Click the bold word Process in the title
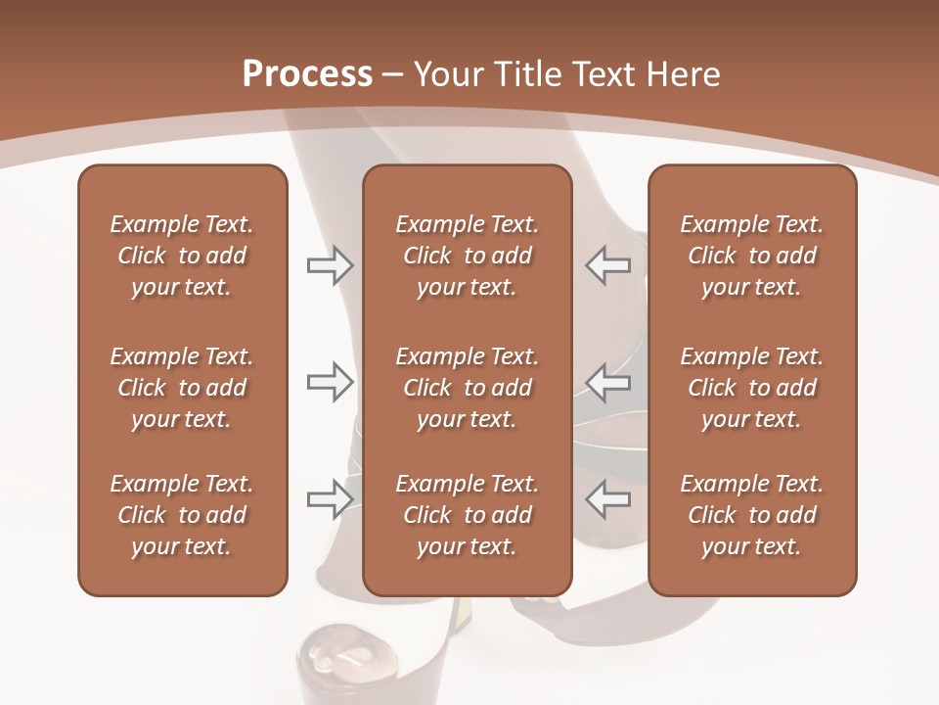307,74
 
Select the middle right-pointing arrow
330,382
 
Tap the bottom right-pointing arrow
330,498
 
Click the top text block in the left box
182,256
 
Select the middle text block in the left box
182,388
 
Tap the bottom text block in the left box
182,515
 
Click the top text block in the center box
468,256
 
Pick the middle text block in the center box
468,388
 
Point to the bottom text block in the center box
468,515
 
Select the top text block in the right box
752,256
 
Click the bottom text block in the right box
752,515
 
